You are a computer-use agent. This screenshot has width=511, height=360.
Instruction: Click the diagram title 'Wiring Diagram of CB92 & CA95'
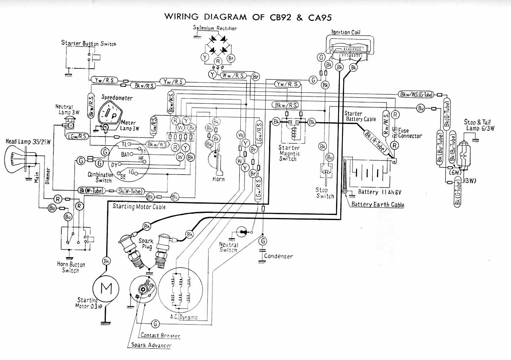(248, 17)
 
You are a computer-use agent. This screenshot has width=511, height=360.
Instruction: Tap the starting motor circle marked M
(105, 289)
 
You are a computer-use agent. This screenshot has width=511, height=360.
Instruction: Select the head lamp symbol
(17, 161)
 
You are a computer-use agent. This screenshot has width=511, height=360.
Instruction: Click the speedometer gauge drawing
(110, 113)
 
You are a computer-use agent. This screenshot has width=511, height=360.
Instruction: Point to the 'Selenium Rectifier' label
(215, 28)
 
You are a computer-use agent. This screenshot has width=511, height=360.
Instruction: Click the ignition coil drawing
(350, 47)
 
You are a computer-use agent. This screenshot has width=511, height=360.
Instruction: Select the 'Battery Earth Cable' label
(378, 205)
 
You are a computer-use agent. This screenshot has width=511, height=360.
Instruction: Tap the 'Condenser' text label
(278, 256)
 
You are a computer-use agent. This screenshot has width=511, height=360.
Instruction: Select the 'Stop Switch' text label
(325, 193)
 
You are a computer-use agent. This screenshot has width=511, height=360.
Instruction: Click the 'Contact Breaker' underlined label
(160, 336)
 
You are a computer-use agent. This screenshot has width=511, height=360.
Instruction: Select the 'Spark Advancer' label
(151, 345)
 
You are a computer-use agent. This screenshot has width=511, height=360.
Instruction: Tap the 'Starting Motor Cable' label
(139, 207)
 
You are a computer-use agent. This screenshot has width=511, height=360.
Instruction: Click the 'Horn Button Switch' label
(71, 267)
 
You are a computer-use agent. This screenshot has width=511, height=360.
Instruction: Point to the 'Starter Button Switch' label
(89, 43)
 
